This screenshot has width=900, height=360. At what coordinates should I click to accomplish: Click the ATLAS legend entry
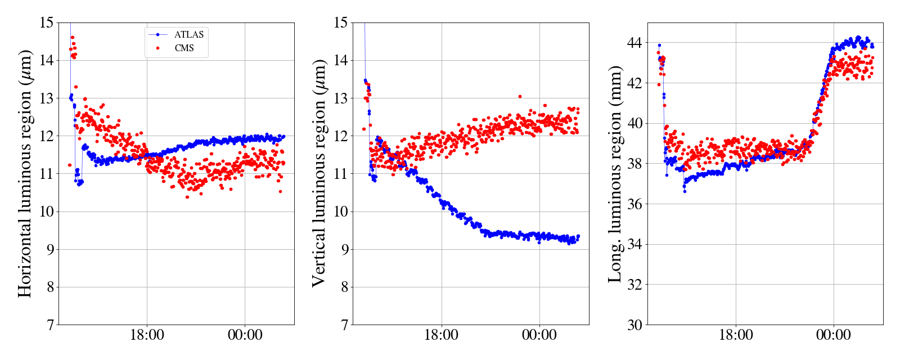coord(188,35)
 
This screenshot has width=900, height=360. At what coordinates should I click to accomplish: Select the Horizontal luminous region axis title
coord(25,173)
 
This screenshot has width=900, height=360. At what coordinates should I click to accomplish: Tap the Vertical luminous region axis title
coord(319,173)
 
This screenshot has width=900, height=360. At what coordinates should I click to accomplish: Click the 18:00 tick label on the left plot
coord(147,335)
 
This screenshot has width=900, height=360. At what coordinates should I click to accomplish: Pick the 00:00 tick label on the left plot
coord(245,335)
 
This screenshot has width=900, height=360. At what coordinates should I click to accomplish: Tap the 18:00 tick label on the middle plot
coord(441,335)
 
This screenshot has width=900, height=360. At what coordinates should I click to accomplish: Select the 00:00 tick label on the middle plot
coord(539,335)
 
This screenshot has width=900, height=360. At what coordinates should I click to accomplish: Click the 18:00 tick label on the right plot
coord(736,335)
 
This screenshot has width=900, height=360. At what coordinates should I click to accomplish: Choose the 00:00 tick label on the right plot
coord(833,335)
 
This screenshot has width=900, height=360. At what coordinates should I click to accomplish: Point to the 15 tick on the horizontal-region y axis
coord(47,23)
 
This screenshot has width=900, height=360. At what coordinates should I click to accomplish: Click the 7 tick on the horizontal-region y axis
coord(50,325)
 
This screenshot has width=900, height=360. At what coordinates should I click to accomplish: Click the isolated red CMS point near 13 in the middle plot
coord(520,97)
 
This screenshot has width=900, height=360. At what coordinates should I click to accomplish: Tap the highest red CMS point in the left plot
coord(73,38)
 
